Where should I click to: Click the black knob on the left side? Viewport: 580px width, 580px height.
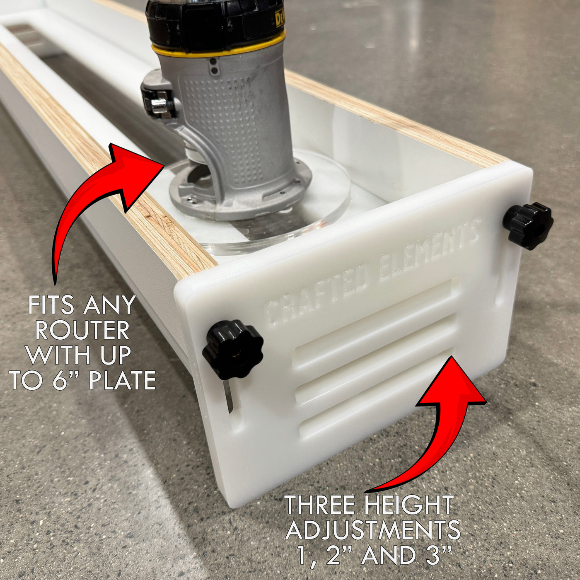(232, 349)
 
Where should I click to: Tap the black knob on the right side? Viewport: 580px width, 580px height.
(528, 225)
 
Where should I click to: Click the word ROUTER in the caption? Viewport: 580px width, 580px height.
(82, 330)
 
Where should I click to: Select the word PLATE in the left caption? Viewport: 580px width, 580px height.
(123, 380)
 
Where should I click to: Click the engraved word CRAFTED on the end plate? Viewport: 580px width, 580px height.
(317, 292)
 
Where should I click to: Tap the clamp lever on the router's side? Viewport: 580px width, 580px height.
(158, 101)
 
